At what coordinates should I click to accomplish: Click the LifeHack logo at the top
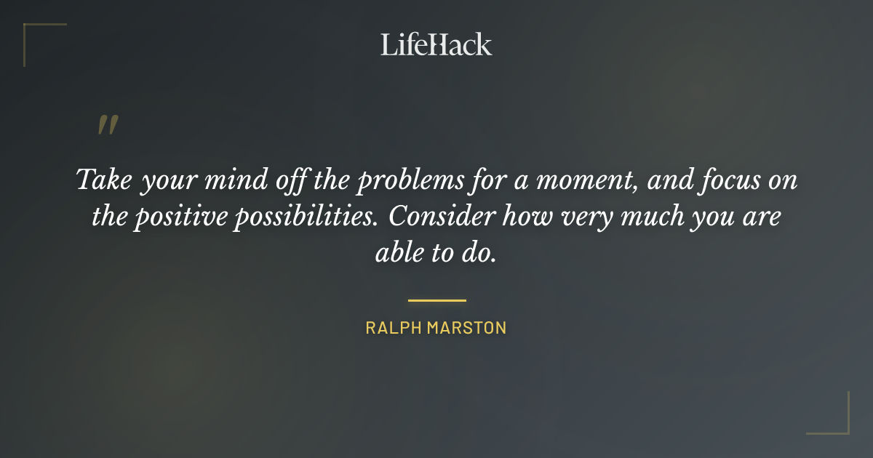pyautogui.click(x=436, y=44)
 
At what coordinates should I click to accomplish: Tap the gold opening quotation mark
pyautogui.click(x=107, y=126)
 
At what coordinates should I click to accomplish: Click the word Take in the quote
pyautogui.click(x=103, y=180)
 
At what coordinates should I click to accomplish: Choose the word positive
pyautogui.click(x=180, y=217)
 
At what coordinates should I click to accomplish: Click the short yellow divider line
pyautogui.click(x=436, y=300)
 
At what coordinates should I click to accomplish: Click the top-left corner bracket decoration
pyautogui.click(x=33, y=33)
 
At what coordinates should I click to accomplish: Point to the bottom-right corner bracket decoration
pyautogui.click(x=840, y=425)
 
